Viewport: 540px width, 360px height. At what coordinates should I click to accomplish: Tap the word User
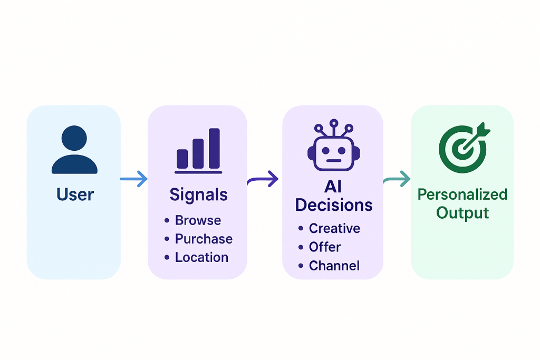75,194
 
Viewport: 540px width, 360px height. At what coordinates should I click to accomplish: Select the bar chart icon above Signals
198,151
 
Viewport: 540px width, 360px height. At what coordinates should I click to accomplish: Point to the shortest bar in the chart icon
182,158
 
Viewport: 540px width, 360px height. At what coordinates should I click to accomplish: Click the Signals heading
198,194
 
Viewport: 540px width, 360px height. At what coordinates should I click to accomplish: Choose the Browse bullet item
198,220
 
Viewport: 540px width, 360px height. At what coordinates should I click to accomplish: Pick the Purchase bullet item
204,239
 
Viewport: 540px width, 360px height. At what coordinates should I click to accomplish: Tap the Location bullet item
201,257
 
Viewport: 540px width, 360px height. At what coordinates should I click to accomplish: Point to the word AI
333,187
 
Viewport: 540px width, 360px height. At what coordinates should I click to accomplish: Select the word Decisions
334,205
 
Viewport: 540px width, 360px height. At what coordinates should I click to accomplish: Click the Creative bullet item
334,228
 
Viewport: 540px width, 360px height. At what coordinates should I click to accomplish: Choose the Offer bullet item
325,247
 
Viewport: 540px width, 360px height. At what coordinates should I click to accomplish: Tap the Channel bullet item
334,265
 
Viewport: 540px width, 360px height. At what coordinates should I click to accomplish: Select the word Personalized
462,194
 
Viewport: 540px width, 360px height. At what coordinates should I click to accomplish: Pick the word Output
462,213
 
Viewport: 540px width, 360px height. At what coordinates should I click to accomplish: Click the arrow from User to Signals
134,180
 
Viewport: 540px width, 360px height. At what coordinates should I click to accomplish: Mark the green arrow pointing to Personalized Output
397,180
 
